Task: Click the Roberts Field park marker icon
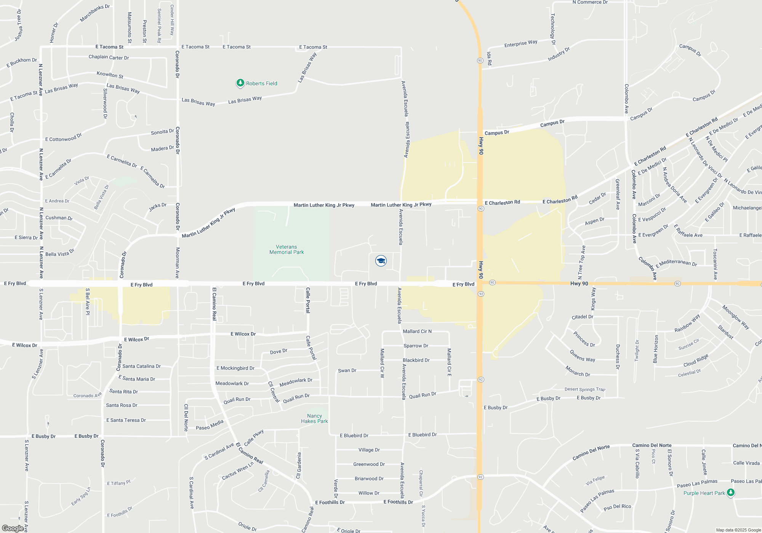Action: coord(240,83)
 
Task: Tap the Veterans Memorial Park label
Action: coord(287,250)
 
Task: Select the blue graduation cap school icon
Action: coord(381,261)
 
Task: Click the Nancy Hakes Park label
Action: coord(314,418)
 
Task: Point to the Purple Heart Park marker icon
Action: coord(730,493)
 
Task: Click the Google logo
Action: coord(13,528)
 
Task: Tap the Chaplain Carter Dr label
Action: coord(109,57)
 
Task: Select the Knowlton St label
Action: coord(110,75)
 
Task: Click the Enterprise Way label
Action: coord(520,44)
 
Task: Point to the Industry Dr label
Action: coord(559,54)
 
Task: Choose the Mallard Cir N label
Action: coord(417,331)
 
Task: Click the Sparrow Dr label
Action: coord(416,346)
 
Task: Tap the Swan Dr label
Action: coord(347,370)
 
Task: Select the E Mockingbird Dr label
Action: coord(235,368)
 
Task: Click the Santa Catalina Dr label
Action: coord(141,366)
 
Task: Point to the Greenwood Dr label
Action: coord(369,464)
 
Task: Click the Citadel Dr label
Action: coord(582,317)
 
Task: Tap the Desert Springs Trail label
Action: coord(585,389)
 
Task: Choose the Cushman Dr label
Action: coord(59,218)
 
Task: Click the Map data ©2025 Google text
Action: coord(738,530)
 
